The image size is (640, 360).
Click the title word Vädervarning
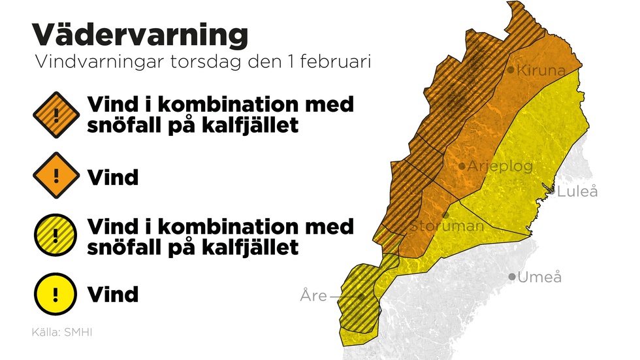point(140,35)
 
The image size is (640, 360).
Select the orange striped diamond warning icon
point(56,115)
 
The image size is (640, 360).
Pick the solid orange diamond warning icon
point(56,176)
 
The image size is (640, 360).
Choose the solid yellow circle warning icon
point(56,295)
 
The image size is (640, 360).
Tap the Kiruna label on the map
point(541,71)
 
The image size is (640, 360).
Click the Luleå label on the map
point(577,192)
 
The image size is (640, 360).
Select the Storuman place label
point(447,226)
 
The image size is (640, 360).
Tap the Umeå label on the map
point(539,278)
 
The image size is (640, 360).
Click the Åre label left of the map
point(313,296)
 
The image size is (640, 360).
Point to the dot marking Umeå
point(513,277)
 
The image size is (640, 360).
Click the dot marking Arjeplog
point(462,167)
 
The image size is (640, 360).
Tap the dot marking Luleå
point(552,191)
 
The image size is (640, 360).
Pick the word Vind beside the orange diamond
point(113,176)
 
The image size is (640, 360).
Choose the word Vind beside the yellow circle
point(113,294)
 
